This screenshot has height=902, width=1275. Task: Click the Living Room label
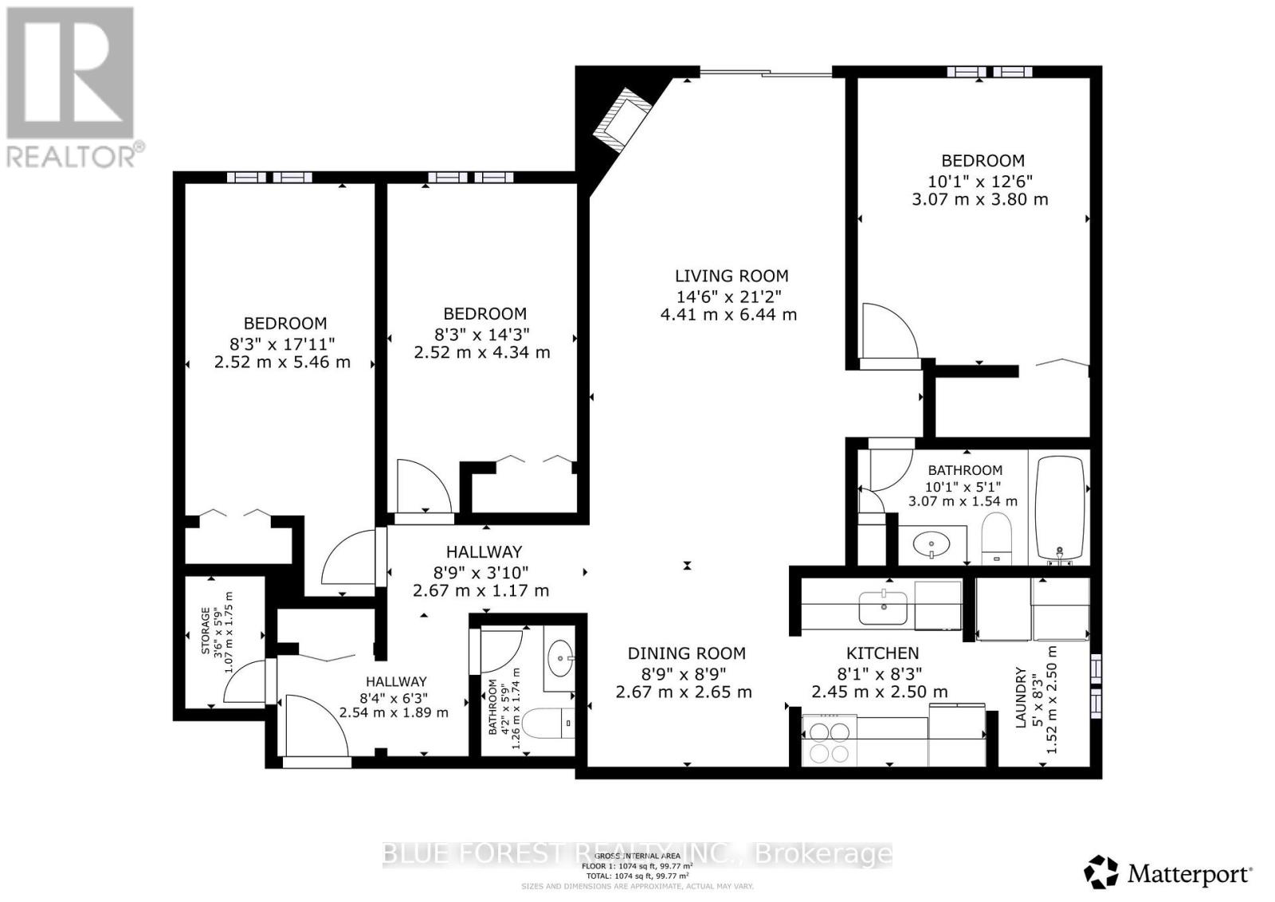click(731, 276)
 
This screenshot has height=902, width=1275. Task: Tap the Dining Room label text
click(686, 653)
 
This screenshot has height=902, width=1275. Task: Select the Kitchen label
click(882, 653)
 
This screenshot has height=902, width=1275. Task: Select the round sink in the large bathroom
click(930, 547)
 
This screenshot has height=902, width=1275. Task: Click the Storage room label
click(205, 631)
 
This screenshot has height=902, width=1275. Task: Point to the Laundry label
click(1019, 697)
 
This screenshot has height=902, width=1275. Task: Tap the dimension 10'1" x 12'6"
click(981, 180)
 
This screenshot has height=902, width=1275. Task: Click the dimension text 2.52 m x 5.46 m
click(282, 363)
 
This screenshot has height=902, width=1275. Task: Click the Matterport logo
click(1169, 873)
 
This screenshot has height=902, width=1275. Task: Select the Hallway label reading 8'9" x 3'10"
click(483, 551)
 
